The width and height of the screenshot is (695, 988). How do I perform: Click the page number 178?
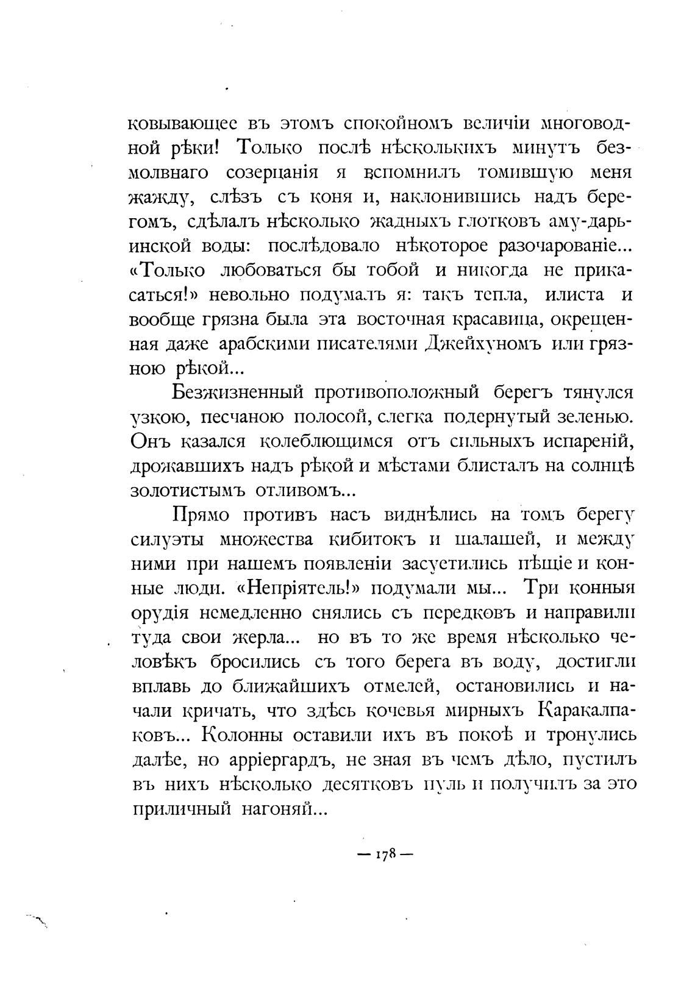tap(385, 855)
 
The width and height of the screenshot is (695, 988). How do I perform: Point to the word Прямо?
tap(201, 516)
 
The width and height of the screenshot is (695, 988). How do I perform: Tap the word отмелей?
tap(402, 686)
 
